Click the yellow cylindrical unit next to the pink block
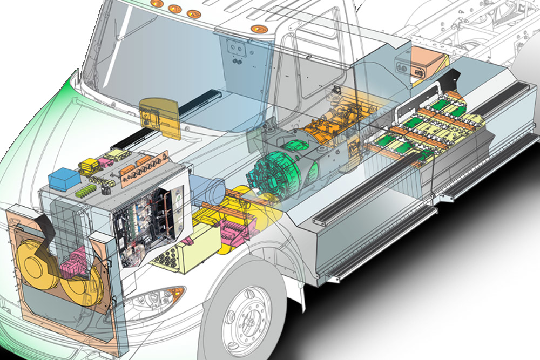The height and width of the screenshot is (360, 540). [x=227, y=216]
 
